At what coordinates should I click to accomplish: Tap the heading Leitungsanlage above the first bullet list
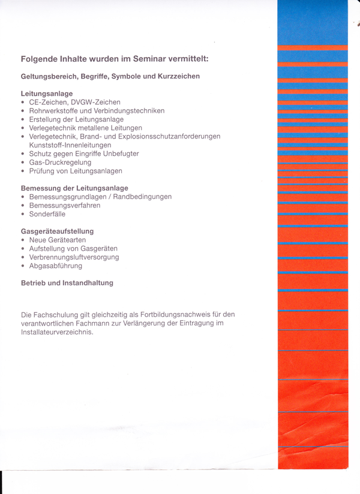coord(47,94)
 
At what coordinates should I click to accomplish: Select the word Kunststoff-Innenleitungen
coord(70,145)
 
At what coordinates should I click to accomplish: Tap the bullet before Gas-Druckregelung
coord(23,163)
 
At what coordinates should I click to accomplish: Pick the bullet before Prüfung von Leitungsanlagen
coord(23,171)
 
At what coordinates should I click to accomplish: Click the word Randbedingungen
coord(142,197)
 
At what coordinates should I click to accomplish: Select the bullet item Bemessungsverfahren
coord(65,206)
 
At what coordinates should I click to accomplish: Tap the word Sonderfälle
coord(47,214)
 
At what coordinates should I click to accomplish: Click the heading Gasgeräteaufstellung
coord(58,231)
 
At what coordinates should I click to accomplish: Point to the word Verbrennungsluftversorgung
coord(74,257)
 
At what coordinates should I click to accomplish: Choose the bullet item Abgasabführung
coord(55,266)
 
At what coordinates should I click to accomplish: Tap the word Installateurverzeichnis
coord(57,332)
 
